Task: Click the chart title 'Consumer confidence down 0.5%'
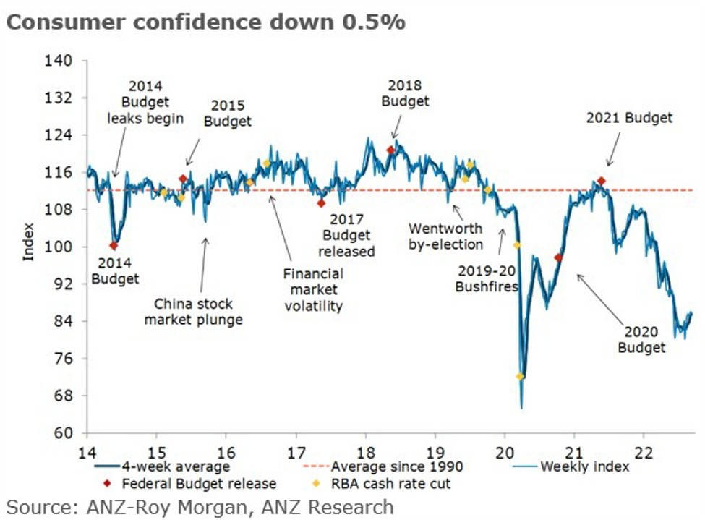point(205,22)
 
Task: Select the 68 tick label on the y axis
point(64,396)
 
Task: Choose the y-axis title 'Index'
point(28,246)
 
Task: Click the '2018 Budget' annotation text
point(405,93)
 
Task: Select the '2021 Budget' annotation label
point(629,117)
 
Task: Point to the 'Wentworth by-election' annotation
point(446,236)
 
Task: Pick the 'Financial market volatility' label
point(312,290)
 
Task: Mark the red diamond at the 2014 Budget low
point(114,246)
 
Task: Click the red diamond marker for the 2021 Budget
point(601,181)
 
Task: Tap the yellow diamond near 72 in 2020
point(520,377)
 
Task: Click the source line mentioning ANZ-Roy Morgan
point(200,507)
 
